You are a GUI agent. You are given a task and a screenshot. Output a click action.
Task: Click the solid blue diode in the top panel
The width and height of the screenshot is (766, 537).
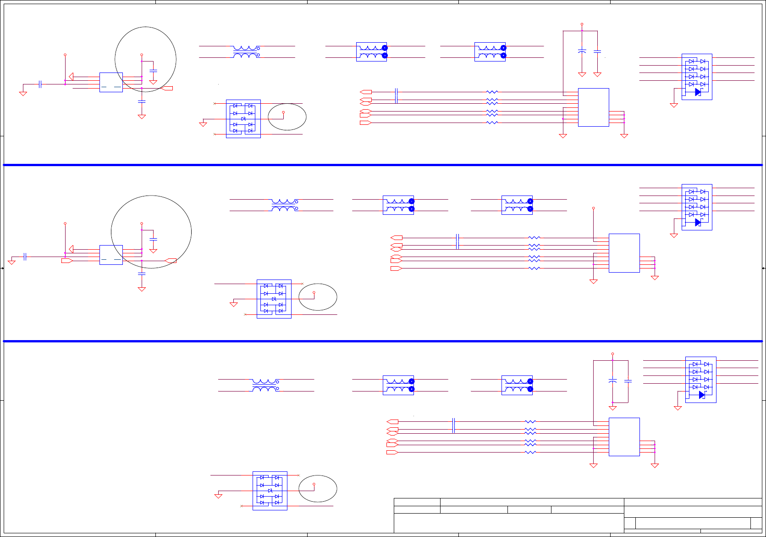tap(698, 92)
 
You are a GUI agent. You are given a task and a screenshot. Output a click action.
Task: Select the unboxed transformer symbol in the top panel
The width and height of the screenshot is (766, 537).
tap(246, 52)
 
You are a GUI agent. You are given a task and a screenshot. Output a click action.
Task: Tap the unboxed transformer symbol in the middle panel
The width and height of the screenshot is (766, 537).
tap(284, 205)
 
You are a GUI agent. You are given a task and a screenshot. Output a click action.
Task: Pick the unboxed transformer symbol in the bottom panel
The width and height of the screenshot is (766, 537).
tap(265, 385)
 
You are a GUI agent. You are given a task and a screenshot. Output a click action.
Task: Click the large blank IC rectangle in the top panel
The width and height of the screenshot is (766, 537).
tap(593, 107)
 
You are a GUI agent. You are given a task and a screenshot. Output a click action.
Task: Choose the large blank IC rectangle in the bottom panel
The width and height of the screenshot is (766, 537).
tap(624, 436)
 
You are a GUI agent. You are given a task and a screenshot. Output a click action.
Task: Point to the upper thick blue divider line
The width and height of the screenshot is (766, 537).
tap(383, 164)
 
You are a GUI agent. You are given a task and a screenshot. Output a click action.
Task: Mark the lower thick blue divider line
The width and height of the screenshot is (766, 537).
tap(383, 341)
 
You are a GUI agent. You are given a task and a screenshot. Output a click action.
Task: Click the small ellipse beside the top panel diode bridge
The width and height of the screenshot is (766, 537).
tap(287, 117)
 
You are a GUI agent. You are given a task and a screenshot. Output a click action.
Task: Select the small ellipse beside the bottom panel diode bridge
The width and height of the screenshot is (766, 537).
tap(318, 488)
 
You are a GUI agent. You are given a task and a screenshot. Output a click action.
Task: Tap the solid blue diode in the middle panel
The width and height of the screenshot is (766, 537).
tap(698, 222)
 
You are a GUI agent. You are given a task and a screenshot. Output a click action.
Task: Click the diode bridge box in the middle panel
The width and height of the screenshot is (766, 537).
tap(274, 299)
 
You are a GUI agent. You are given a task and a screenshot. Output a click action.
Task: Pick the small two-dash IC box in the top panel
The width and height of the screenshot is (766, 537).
tap(111, 82)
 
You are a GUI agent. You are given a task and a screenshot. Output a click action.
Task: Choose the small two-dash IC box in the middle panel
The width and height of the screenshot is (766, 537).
tap(111, 255)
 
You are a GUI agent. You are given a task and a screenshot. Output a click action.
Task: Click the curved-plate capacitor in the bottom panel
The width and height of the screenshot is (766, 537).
tap(612, 381)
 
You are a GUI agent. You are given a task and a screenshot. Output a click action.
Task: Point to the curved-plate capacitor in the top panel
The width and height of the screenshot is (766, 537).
tap(582, 51)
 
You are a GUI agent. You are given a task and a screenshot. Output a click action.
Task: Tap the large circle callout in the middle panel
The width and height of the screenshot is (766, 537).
tap(151, 232)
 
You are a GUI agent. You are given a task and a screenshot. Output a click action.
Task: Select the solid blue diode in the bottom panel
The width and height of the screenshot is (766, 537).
tap(701, 395)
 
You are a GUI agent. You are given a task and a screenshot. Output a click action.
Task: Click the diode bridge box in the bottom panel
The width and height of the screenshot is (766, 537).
tap(270, 491)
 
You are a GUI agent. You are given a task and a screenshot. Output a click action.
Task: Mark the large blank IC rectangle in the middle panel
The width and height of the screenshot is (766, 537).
tap(624, 253)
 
